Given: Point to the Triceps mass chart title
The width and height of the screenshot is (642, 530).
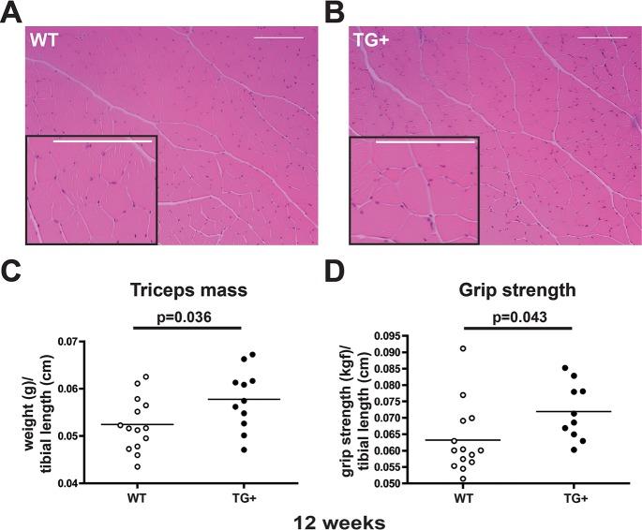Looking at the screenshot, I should (187, 290).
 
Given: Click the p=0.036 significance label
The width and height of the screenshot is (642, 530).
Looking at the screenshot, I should (187, 317).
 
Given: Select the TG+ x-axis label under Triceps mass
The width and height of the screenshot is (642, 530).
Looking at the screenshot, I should (244, 498).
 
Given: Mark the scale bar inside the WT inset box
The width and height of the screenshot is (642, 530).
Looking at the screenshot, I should (103, 142).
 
